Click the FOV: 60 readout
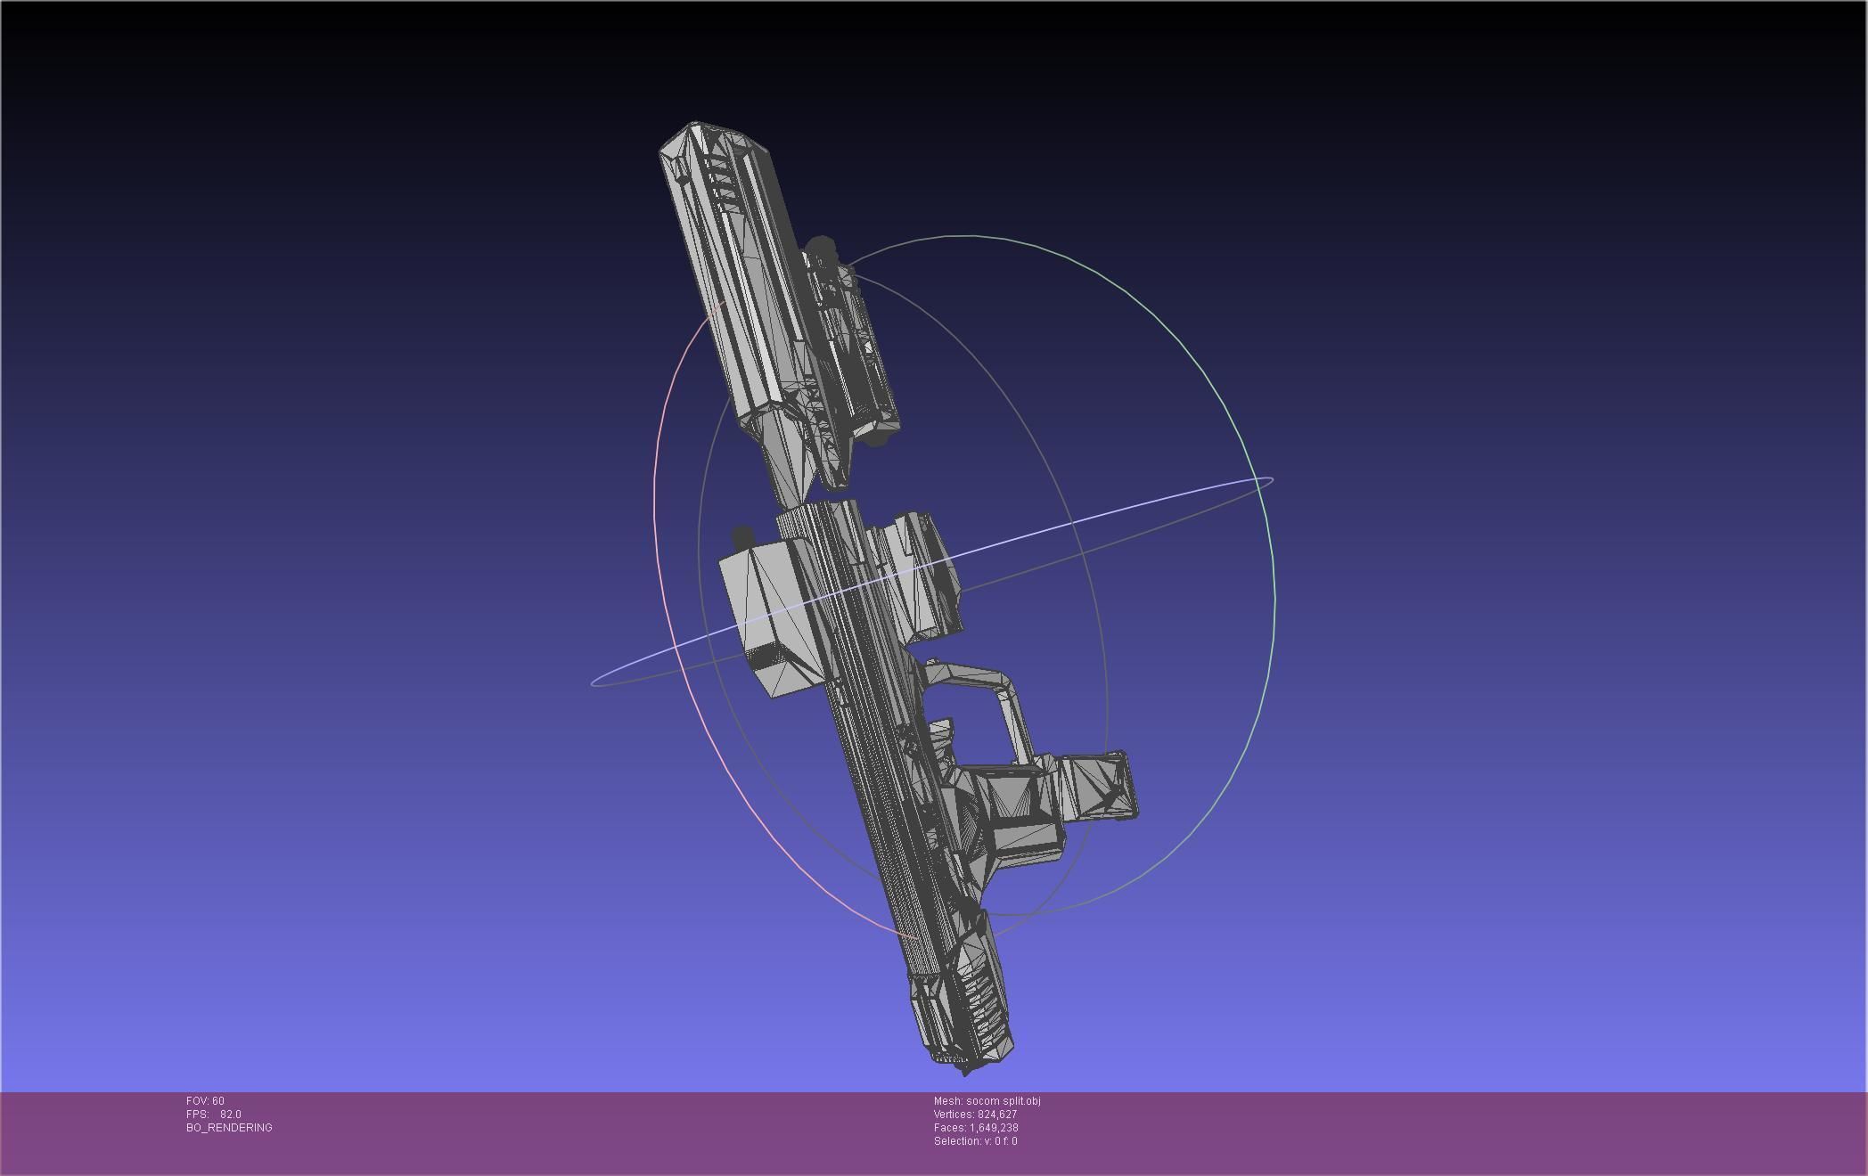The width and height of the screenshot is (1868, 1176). pos(205,1101)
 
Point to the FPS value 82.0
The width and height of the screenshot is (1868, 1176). pos(230,1115)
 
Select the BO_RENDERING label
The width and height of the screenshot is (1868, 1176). pos(229,1128)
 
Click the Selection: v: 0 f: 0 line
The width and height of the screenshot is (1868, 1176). pos(975,1141)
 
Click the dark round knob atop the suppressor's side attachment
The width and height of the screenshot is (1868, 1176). pos(820,247)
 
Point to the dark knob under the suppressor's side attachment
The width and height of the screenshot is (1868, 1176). pos(878,438)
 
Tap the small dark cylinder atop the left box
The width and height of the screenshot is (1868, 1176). pos(741,536)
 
